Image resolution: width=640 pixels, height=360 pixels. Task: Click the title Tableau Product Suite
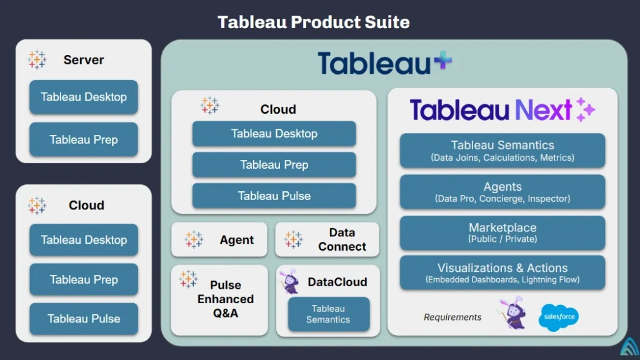coord(314,22)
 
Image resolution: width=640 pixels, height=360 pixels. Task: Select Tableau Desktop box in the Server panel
coord(84,97)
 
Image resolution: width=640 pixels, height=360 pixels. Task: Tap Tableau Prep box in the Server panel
coord(84,139)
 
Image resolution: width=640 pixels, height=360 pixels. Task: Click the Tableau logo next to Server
coord(37,60)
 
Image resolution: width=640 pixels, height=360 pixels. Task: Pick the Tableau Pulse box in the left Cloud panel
coord(84,319)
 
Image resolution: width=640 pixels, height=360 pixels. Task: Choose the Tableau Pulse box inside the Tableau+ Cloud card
coord(274,196)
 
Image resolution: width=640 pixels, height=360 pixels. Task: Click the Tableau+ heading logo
coord(384,63)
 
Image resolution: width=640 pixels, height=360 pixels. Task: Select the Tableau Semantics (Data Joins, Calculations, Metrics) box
coord(502,151)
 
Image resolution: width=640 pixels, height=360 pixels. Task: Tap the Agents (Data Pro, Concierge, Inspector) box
coord(502,192)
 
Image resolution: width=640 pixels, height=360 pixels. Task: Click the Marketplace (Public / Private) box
coord(502,232)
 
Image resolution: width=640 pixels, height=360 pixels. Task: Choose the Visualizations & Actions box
coord(502,272)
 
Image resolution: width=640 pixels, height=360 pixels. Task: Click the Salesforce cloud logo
coord(558,317)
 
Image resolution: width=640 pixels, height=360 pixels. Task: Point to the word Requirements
coord(452,317)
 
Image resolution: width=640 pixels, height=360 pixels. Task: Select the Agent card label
coord(236,240)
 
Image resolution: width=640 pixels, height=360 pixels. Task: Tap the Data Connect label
coord(342,239)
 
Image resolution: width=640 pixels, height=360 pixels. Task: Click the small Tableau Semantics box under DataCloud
coord(328,314)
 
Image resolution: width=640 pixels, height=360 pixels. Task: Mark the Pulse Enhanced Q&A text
coord(226,299)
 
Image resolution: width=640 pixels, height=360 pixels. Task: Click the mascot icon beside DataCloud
coord(289,282)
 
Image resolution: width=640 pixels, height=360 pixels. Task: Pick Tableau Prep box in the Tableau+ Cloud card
coord(274,165)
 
